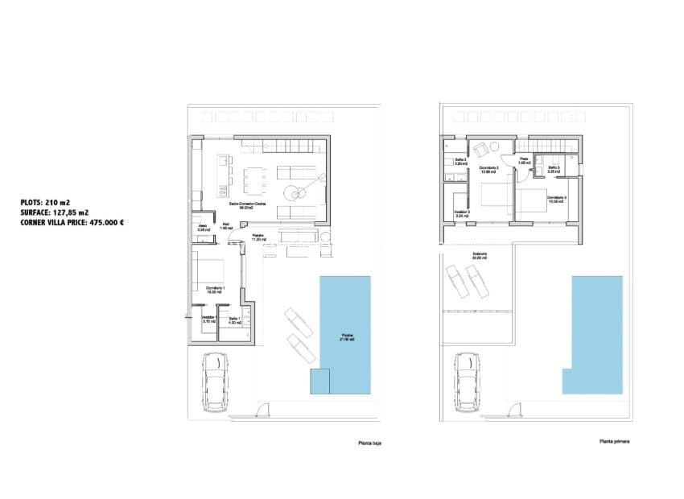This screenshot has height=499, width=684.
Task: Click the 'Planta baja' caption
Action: coord(369,442)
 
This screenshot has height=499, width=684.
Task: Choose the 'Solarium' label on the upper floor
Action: coord(480,255)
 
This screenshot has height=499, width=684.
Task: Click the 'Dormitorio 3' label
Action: coord(556,199)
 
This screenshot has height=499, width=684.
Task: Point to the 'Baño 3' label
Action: coord(554,168)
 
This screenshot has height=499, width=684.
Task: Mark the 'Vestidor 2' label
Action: coord(461,213)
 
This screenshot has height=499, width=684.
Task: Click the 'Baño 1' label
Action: coord(234,320)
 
